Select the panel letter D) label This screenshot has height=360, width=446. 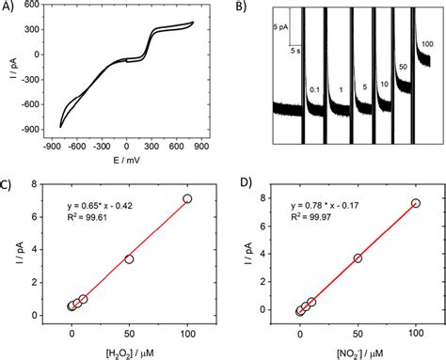(x=242, y=185)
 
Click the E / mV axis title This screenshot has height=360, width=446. (x=127, y=161)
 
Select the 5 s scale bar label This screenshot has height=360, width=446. (x=295, y=49)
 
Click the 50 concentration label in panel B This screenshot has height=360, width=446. (x=404, y=68)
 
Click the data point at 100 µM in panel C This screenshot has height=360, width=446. (x=188, y=198)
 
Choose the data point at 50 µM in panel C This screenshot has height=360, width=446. (x=130, y=258)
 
